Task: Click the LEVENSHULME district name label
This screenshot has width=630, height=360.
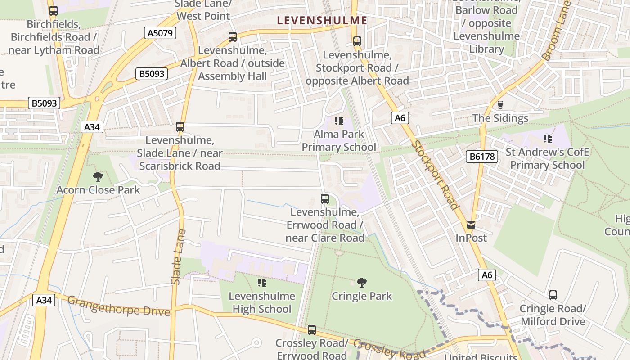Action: click(322, 20)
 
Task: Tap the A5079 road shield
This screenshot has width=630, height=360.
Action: click(160, 33)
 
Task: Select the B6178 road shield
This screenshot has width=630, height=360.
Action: click(482, 157)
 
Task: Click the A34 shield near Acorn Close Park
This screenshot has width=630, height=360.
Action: click(92, 127)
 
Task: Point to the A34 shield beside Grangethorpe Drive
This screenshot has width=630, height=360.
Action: click(44, 300)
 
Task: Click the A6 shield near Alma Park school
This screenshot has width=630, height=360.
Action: click(400, 118)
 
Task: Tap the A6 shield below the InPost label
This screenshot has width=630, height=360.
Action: click(487, 275)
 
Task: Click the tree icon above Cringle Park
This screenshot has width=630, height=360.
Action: click(361, 283)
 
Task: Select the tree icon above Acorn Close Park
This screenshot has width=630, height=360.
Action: click(98, 177)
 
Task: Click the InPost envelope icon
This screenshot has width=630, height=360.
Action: click(471, 225)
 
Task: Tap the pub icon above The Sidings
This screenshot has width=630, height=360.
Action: click(500, 105)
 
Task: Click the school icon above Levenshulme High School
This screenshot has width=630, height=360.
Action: click(261, 283)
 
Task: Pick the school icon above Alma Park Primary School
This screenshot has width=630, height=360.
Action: click(339, 121)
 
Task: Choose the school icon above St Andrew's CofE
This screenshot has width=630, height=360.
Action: click(547, 139)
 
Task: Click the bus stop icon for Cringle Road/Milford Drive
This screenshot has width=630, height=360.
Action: click(553, 295)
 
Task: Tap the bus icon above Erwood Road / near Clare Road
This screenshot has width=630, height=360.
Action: click(324, 198)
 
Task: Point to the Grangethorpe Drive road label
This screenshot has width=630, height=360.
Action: click(119, 306)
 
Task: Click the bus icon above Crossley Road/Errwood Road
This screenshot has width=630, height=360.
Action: click(312, 330)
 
